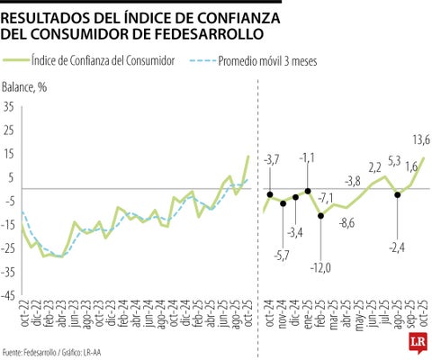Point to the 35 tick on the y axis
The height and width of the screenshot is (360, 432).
pos(10,105)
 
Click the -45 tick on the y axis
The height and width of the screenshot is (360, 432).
pos(8,294)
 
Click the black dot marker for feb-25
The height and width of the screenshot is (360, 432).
pos(321,216)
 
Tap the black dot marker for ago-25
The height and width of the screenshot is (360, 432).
pos(398,194)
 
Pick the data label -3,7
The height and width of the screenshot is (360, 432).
pos(271,159)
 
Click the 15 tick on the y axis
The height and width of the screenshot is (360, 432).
pos(10,153)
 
